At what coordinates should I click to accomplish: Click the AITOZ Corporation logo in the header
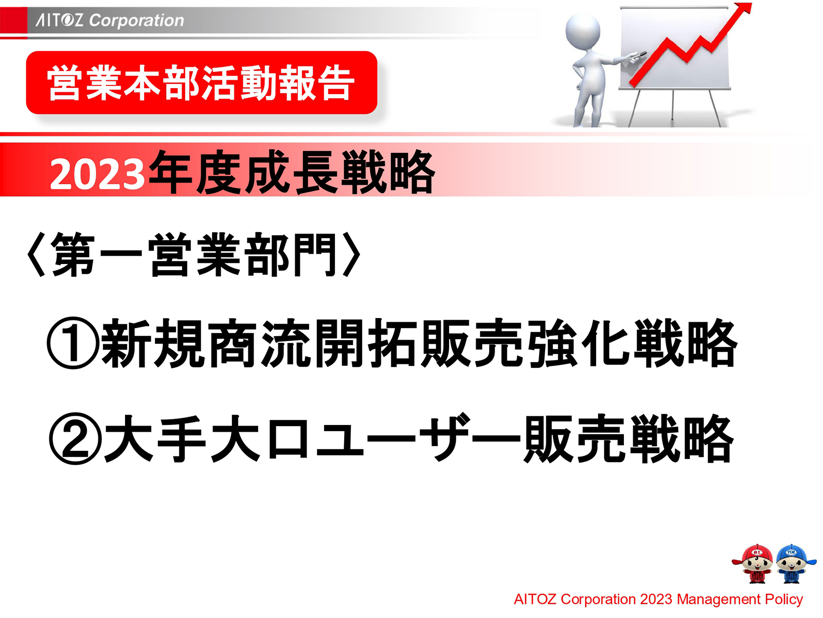(x=110, y=20)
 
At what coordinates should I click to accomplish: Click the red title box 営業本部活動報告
(x=201, y=83)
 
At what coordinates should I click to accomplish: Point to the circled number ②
(x=75, y=439)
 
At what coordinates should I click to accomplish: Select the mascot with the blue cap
(x=792, y=563)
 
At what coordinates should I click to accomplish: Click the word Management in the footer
(x=718, y=599)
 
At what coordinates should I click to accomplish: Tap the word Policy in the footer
(x=783, y=599)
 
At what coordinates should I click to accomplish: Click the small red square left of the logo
(x=13, y=21)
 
